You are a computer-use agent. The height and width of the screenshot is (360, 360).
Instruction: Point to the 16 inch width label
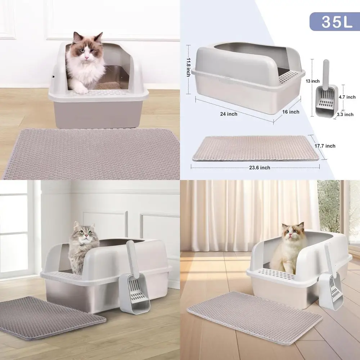(x=291, y=112)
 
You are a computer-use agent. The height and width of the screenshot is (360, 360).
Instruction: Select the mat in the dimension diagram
(x=256, y=148)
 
